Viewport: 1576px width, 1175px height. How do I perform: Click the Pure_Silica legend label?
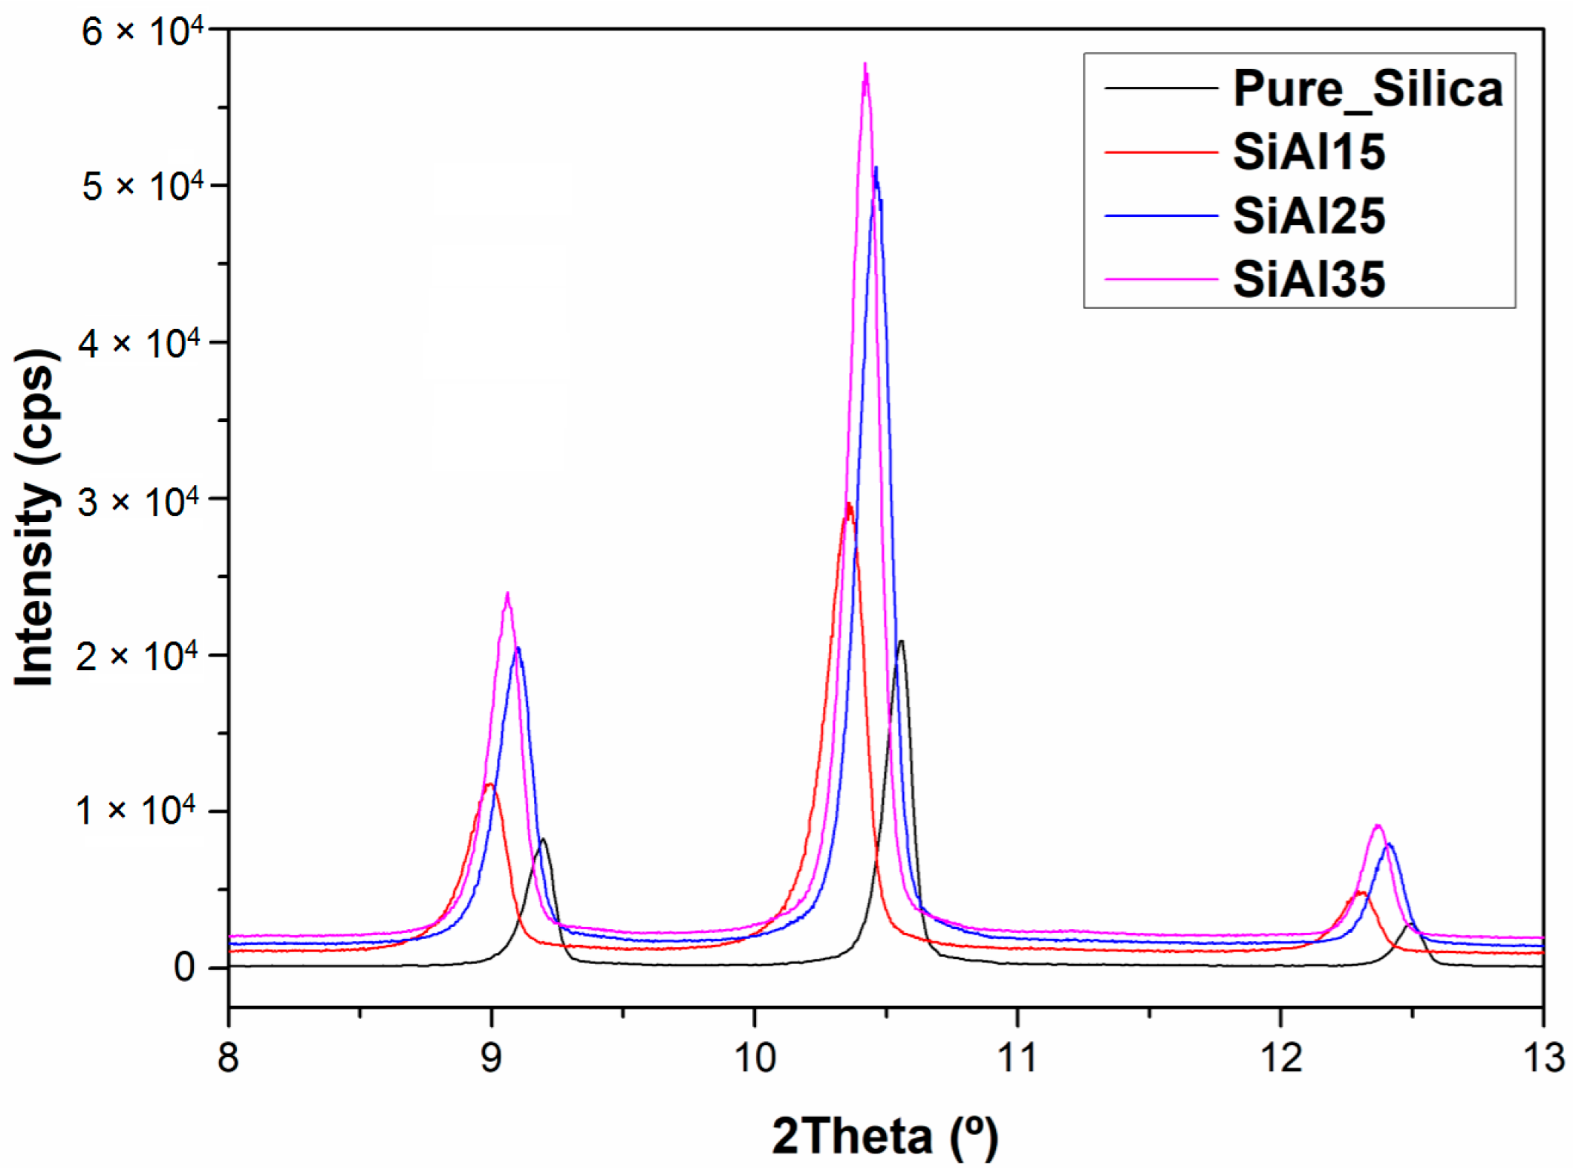pos(1367,89)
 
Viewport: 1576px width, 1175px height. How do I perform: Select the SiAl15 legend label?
pos(1309,152)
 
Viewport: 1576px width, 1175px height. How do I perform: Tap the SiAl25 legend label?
pos(1309,216)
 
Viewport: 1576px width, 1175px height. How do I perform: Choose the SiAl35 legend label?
pos(1309,280)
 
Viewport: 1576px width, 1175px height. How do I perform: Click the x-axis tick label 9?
pos(491,1057)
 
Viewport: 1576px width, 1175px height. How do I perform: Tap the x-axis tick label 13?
pos(1543,1057)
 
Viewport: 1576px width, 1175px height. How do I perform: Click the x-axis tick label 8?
pos(229,1057)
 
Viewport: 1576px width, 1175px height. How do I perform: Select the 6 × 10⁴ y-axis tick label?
pos(141,31)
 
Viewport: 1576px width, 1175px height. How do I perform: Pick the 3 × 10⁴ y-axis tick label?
pos(140,501)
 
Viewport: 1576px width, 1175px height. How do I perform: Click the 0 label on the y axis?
pos(184,967)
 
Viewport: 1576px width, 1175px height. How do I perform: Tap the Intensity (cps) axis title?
pos(35,518)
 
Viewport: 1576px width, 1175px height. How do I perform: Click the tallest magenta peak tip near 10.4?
pos(865,65)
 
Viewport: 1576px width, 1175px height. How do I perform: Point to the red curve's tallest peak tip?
pos(848,505)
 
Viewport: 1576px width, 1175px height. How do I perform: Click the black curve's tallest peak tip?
pos(901,642)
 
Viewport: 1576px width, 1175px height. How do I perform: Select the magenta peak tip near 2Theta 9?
pos(507,594)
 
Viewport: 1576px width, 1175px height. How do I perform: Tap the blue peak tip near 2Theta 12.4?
pos(1389,844)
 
